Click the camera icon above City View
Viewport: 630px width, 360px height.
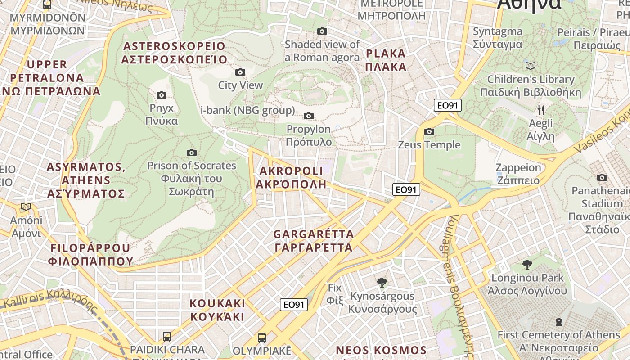[x=240, y=72]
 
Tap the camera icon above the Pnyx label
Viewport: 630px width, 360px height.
[x=162, y=95]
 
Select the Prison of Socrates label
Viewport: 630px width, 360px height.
[x=191, y=179]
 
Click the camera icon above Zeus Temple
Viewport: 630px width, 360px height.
[x=429, y=131]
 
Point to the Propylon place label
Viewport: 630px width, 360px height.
[x=309, y=135]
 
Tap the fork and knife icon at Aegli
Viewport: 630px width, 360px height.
[x=541, y=109]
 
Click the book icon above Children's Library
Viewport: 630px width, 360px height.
[x=531, y=66]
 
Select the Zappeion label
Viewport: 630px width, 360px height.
[x=518, y=174]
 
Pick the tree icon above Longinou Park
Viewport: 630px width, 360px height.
[x=527, y=264]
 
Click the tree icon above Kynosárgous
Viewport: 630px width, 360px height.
[x=382, y=283]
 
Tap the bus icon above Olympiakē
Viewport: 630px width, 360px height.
[x=262, y=337]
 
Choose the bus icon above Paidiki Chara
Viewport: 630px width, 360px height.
[x=166, y=336]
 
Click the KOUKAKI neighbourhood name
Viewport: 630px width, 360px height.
[x=217, y=310]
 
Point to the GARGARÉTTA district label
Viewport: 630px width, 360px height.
[x=314, y=241]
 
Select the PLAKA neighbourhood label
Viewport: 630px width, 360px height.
[x=386, y=60]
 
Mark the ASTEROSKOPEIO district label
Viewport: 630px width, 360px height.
[x=174, y=53]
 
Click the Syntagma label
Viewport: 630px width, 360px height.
[x=497, y=38]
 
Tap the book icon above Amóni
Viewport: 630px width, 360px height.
[x=26, y=207]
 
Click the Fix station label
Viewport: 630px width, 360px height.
[x=335, y=293]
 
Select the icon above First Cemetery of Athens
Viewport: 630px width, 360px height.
[x=558, y=321]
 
